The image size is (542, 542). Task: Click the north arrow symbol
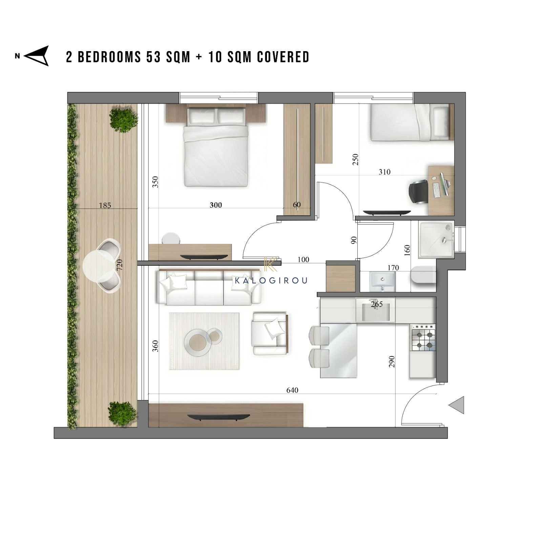pos(37,56)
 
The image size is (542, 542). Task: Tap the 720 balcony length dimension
pos(119,265)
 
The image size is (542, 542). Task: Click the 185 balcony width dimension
pos(105,205)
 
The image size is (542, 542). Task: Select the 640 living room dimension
pos(292,390)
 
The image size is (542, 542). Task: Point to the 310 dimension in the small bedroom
pos(384,172)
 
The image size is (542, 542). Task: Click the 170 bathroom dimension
pos(393,268)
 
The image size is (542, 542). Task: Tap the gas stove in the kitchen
pos(423,338)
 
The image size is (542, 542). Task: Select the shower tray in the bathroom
pos(436,240)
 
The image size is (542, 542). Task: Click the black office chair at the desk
pos(419,192)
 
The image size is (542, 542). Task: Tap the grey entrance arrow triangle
pos(456,405)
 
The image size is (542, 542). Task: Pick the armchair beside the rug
pos(270,334)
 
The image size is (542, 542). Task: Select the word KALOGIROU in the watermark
pos(271,280)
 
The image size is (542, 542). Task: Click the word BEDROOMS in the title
pos(109,57)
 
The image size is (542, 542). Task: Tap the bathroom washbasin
pos(382,282)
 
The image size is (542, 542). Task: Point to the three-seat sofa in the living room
pos(209,287)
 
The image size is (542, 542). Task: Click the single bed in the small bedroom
pos(412,122)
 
